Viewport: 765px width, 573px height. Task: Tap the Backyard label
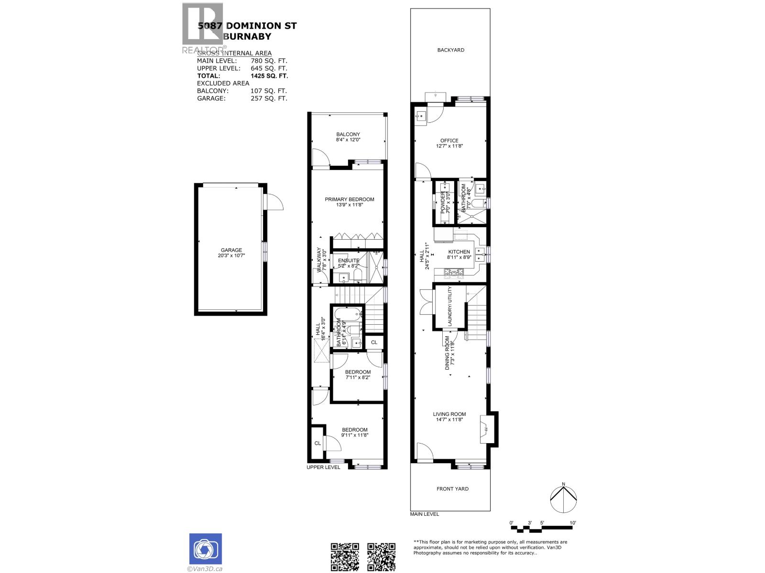coord(450,50)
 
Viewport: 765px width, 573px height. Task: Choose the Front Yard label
coord(452,489)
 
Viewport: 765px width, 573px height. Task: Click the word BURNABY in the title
coord(248,36)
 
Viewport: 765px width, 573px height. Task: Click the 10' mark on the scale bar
coord(572,523)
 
